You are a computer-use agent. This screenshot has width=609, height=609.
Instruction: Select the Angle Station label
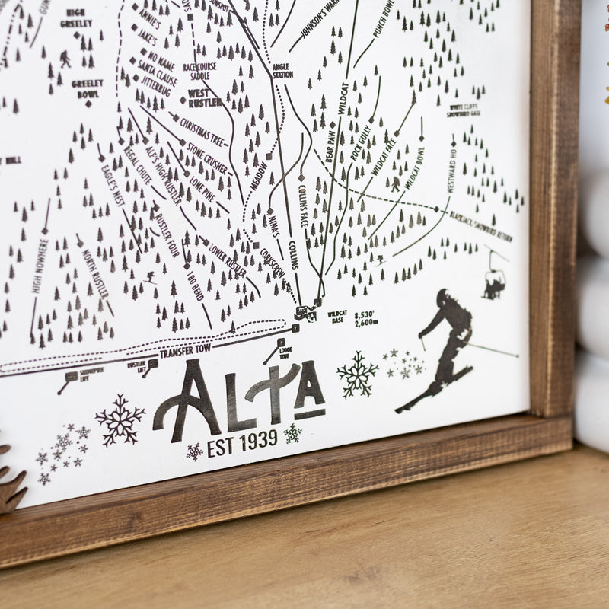click(282, 71)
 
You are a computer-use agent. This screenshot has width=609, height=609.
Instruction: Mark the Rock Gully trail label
click(359, 142)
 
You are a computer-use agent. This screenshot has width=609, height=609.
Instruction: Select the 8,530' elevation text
click(363, 314)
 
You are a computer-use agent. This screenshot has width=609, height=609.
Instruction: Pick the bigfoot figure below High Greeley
click(65, 59)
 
